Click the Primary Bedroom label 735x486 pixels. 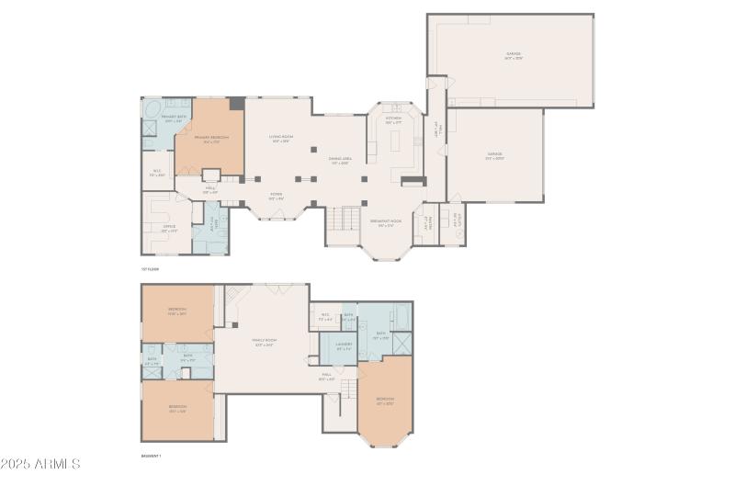tap(210, 139)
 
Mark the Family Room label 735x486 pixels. tap(265, 342)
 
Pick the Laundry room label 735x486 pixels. tap(345, 348)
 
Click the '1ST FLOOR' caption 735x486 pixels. tap(150, 269)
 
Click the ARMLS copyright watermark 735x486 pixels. tap(41, 465)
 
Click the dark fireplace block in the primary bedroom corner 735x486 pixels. tap(237, 104)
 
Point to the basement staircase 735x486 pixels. tap(346, 389)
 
